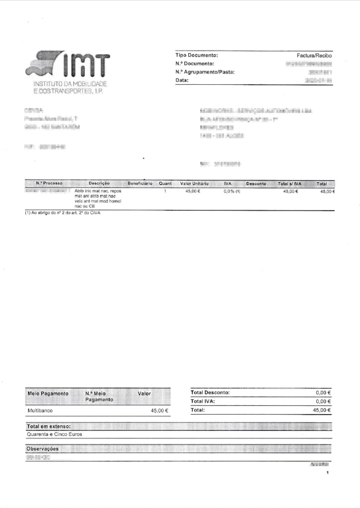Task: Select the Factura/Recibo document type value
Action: pos(314,56)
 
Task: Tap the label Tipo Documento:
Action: pos(197,56)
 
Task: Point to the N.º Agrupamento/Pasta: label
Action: pos(205,72)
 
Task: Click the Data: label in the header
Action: pos(182,80)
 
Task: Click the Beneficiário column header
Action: pos(140,184)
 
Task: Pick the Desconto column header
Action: pos(256,184)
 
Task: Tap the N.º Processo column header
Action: pos(49,184)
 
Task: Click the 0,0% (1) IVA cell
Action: pos(231,191)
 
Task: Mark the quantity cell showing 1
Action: pos(164,191)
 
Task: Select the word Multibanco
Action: pos(40,411)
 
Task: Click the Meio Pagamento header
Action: pos(48,393)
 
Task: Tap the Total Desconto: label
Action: pos(210,392)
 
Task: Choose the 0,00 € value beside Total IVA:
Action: pos(323,401)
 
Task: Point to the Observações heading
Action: pos(42,448)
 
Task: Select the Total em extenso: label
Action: pos(48,426)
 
